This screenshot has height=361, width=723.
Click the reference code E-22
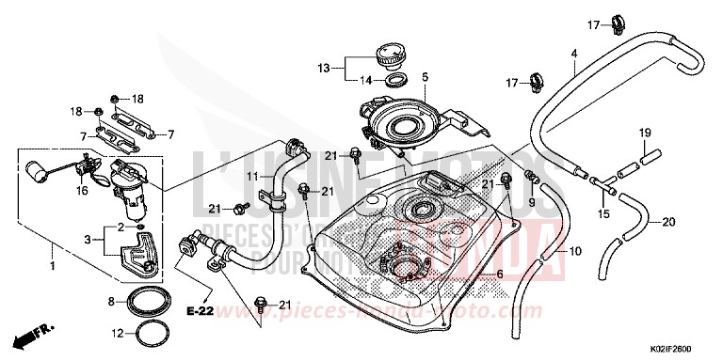tap(199, 310)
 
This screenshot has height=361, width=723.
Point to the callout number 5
tap(425, 76)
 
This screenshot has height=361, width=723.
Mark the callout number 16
tap(82, 190)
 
